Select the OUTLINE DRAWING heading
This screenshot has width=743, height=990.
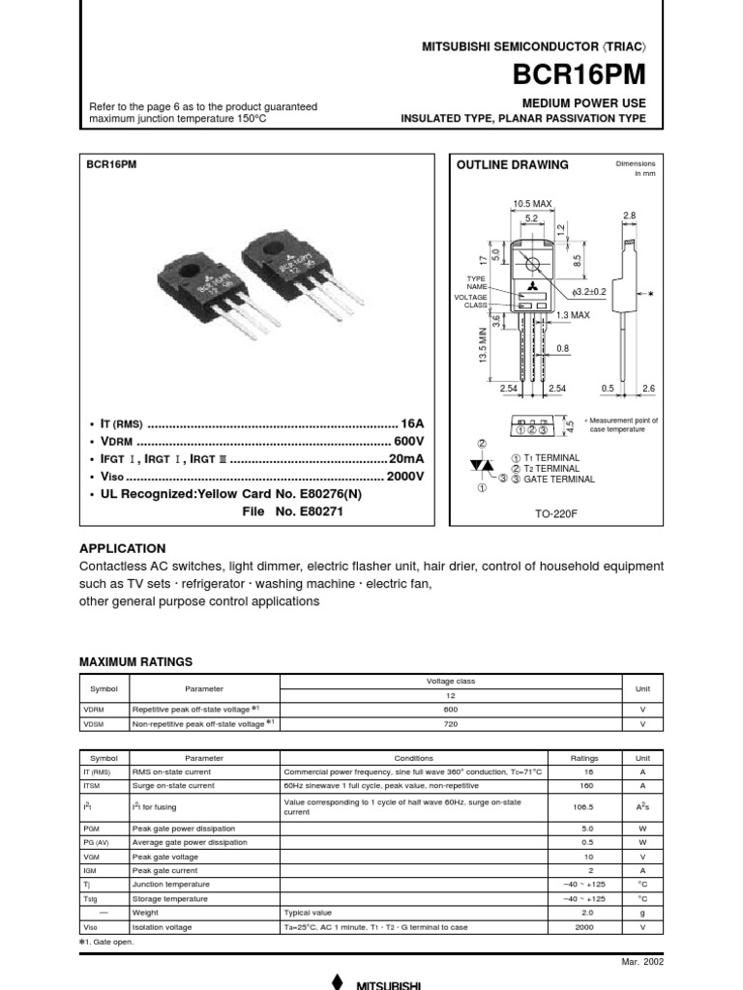point(512,165)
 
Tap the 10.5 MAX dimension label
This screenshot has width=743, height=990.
point(531,204)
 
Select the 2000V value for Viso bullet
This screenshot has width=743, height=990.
point(405,478)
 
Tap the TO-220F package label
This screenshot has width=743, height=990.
point(555,513)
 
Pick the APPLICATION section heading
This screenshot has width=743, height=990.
point(122,548)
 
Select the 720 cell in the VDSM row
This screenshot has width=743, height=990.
point(452,723)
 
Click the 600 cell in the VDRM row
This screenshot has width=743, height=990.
point(452,708)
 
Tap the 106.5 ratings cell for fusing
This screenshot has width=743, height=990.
point(585,806)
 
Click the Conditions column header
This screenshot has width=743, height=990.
point(414,759)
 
